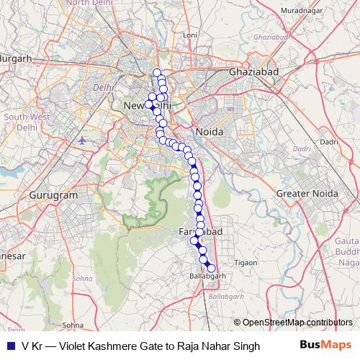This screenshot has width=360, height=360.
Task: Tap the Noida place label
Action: click(209, 132)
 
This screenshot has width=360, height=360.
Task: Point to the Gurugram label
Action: click(53, 195)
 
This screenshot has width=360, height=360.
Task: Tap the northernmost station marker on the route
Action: click(157, 73)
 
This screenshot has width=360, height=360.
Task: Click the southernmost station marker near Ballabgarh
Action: click(211, 269)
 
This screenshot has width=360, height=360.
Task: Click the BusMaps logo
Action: click(326, 346)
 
